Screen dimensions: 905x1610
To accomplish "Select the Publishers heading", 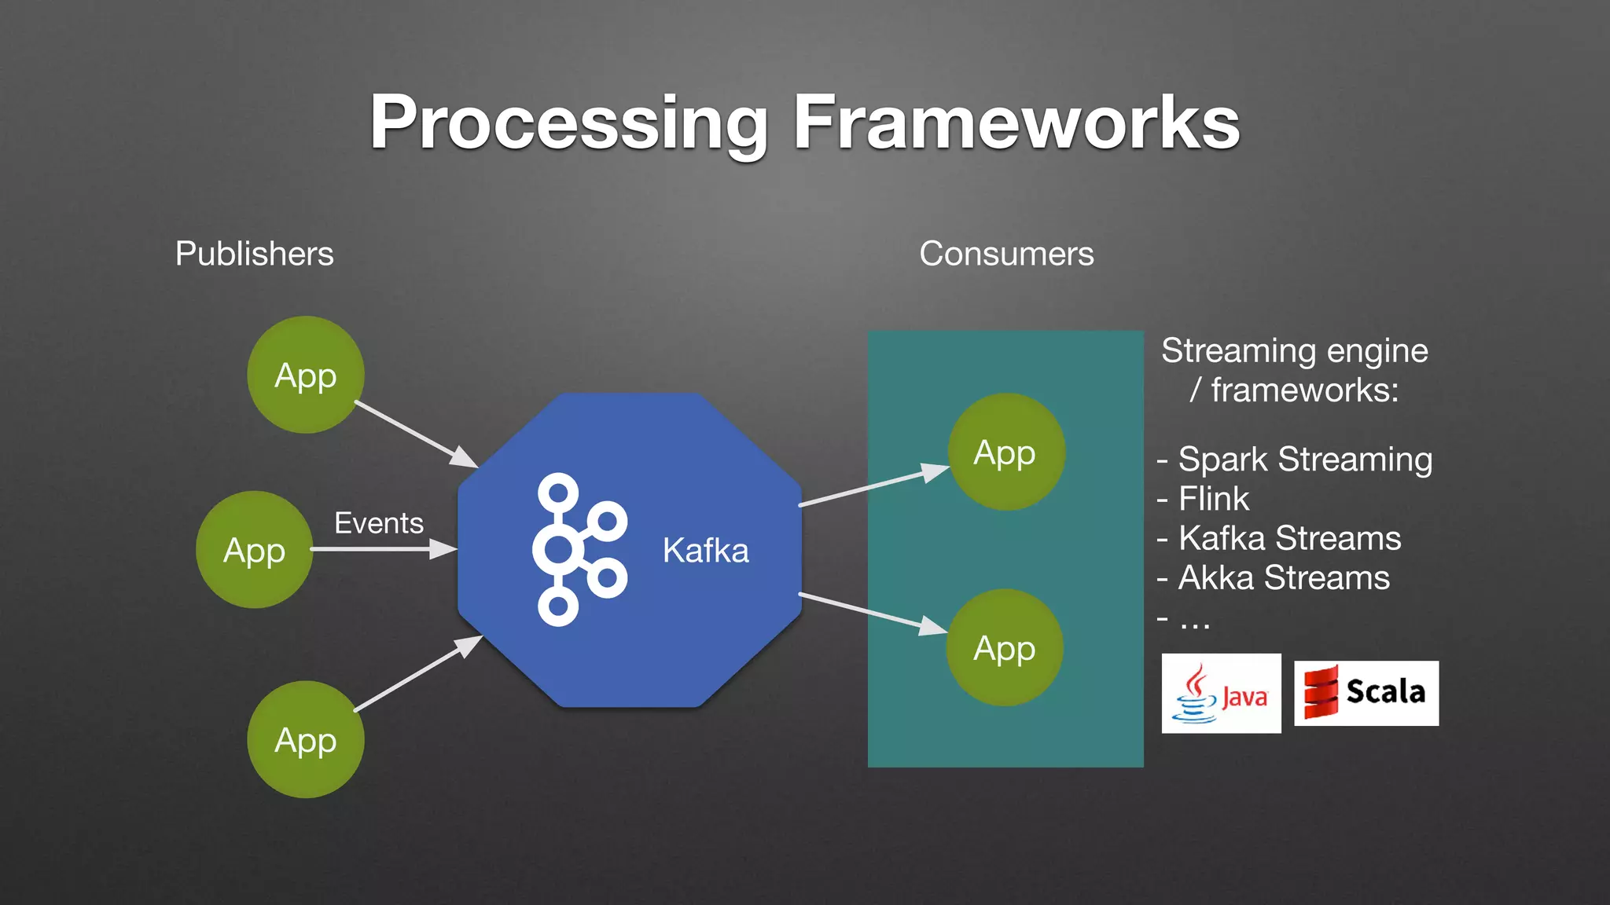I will pyautogui.click(x=254, y=254).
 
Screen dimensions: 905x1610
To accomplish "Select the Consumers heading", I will pyautogui.click(x=1006, y=254).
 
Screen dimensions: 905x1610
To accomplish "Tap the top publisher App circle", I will pyautogui.click(x=306, y=375).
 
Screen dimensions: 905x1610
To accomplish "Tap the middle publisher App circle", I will pyautogui.click(x=254, y=550).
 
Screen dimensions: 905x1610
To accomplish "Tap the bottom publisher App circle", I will pyautogui.click(x=306, y=739).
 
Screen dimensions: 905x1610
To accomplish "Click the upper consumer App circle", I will pyautogui.click(x=1005, y=452).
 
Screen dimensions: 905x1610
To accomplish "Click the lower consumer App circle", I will pyautogui.click(x=1004, y=647).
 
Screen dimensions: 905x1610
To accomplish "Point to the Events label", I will pyautogui.click(x=378, y=523).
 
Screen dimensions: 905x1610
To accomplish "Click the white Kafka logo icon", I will pyautogui.click(x=579, y=549).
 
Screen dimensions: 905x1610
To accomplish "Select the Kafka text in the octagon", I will pyautogui.click(x=705, y=550).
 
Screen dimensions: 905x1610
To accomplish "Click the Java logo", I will pyautogui.click(x=1221, y=693).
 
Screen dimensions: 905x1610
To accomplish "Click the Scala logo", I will pyautogui.click(x=1366, y=692).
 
